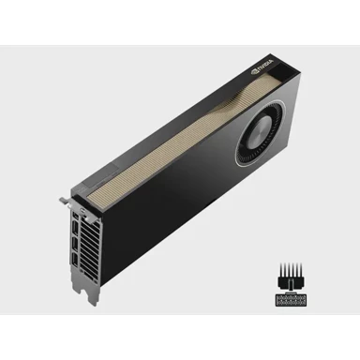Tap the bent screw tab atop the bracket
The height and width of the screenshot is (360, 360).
coord(67,199)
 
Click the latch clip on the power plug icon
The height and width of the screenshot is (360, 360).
coord(282,285)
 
